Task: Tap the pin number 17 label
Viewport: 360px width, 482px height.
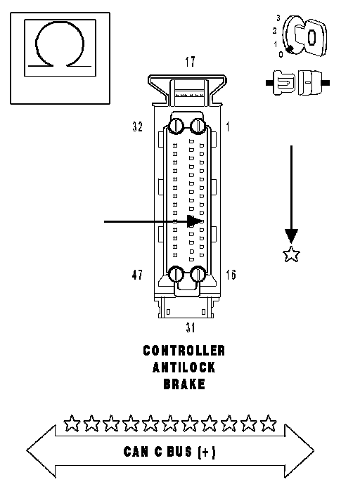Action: (x=190, y=62)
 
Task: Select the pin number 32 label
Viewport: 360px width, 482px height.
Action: (x=138, y=126)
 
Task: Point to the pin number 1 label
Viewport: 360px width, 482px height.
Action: (x=228, y=126)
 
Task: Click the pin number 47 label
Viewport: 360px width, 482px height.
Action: (x=137, y=275)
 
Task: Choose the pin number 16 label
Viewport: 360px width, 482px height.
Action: (x=231, y=275)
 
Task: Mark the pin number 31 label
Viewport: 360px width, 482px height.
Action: (x=191, y=327)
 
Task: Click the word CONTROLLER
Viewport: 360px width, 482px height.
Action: (x=184, y=351)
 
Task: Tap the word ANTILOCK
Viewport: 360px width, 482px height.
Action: (x=184, y=367)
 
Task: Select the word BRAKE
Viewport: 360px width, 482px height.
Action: (x=184, y=384)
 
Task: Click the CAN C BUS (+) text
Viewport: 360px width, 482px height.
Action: (x=169, y=452)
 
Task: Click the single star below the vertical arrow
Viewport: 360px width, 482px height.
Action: (x=291, y=254)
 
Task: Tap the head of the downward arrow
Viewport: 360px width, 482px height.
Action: (x=291, y=236)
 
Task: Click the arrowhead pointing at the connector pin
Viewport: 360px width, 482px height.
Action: (x=194, y=221)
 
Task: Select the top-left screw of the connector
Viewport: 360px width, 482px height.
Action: (x=176, y=126)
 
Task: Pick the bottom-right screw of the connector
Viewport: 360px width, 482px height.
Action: (x=198, y=274)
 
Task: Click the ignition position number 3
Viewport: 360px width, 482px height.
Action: (x=278, y=18)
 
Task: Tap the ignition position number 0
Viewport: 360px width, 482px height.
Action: (x=281, y=55)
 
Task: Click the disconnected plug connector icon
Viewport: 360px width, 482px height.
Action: (x=298, y=83)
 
